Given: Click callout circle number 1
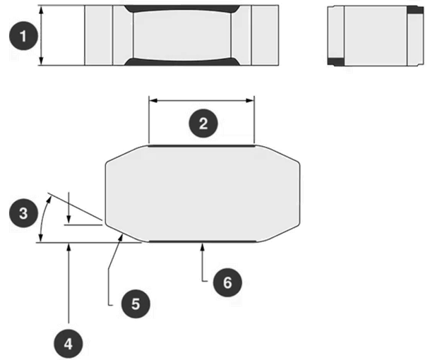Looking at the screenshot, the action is click(x=23, y=36).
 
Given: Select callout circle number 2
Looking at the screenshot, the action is click(x=203, y=124).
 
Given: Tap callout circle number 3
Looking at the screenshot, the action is click(x=23, y=213).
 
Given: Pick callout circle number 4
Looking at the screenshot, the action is click(x=68, y=344).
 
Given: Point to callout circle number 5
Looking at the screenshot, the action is click(x=136, y=304).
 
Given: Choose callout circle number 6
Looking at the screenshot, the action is click(x=227, y=282).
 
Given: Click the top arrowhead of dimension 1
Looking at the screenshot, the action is click(x=41, y=10).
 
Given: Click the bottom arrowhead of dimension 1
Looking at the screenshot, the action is click(x=41, y=61).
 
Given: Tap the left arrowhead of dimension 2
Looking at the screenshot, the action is click(x=153, y=100).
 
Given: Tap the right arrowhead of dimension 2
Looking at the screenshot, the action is click(x=250, y=100).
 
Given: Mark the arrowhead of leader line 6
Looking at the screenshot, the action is click(x=202, y=246).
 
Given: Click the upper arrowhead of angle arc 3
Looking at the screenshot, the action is click(x=49, y=200).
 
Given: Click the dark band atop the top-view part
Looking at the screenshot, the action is click(x=182, y=8).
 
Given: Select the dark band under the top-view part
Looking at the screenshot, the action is click(x=182, y=62).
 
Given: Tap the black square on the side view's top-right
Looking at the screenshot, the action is click(x=415, y=10).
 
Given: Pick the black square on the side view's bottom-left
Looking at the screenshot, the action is click(x=335, y=61).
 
